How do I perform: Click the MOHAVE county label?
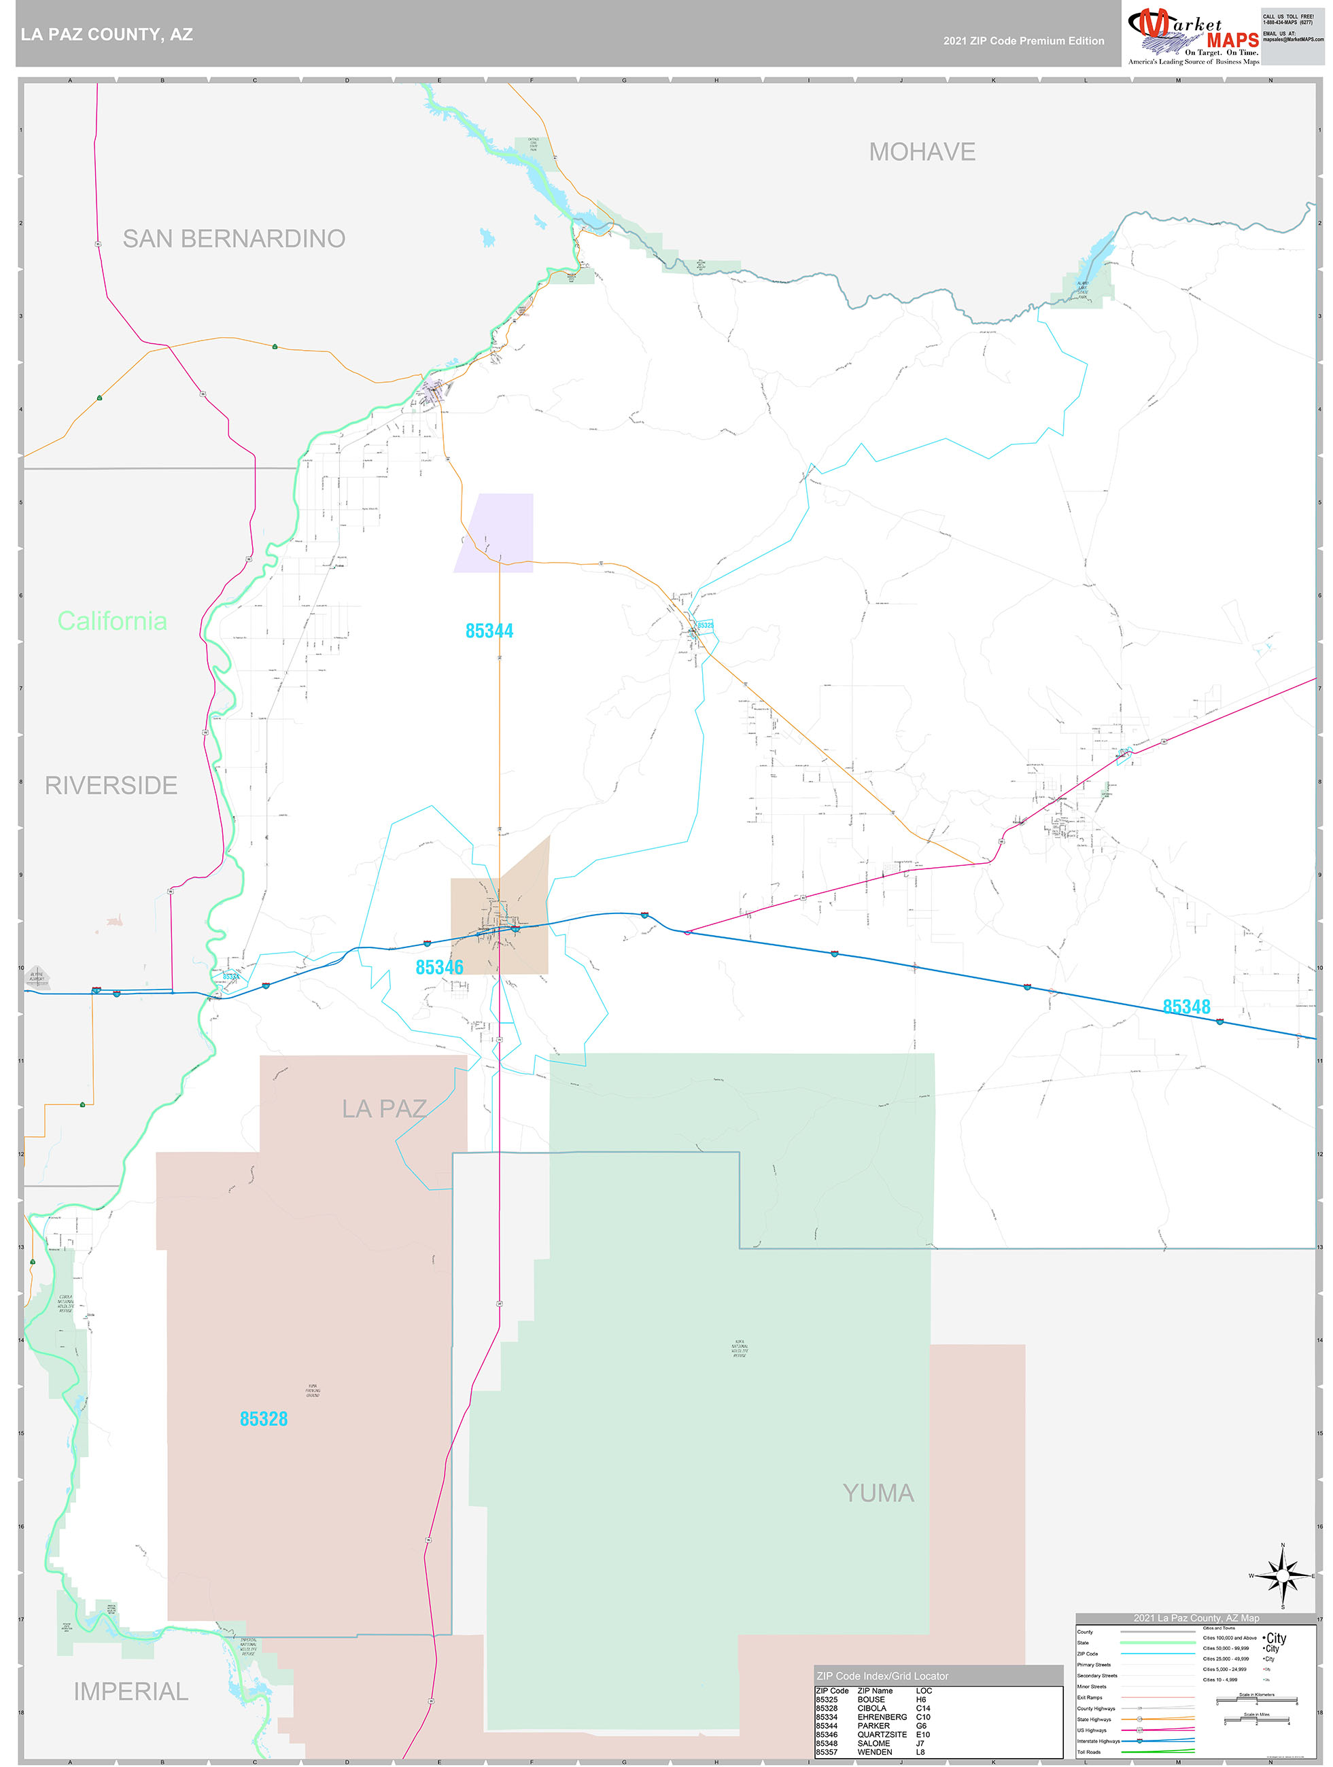point(922,152)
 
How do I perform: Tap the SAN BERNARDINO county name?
point(233,238)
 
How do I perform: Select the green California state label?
point(112,620)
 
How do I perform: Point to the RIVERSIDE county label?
point(111,785)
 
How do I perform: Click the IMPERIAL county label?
point(131,1691)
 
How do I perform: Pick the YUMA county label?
point(878,1493)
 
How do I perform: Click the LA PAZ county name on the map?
point(383,1108)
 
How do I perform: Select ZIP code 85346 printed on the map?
point(440,967)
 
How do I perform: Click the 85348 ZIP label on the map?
point(1186,1007)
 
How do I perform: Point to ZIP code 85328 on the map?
point(264,1419)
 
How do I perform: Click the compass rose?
point(1282,1576)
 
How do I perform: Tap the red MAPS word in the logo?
point(1232,41)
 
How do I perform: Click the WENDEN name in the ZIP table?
point(874,1752)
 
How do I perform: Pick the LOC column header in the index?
point(924,1690)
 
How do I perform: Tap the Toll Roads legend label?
point(1088,1752)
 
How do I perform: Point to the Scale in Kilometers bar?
point(1256,1699)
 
